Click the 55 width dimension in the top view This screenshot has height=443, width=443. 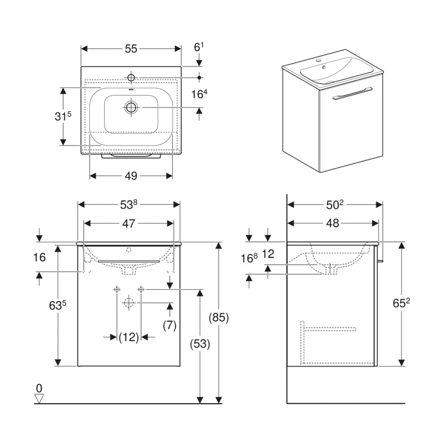(130, 49)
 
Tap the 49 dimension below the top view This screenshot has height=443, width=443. (131, 176)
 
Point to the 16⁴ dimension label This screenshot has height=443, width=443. (199, 95)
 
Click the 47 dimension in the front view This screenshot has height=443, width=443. (128, 224)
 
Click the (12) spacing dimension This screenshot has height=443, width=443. (128, 337)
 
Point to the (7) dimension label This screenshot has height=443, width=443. (169, 326)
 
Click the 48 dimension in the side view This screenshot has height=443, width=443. (332, 224)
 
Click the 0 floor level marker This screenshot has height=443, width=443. (39, 388)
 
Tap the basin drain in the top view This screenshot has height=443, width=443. (131, 107)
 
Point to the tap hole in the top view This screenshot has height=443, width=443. (132, 76)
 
